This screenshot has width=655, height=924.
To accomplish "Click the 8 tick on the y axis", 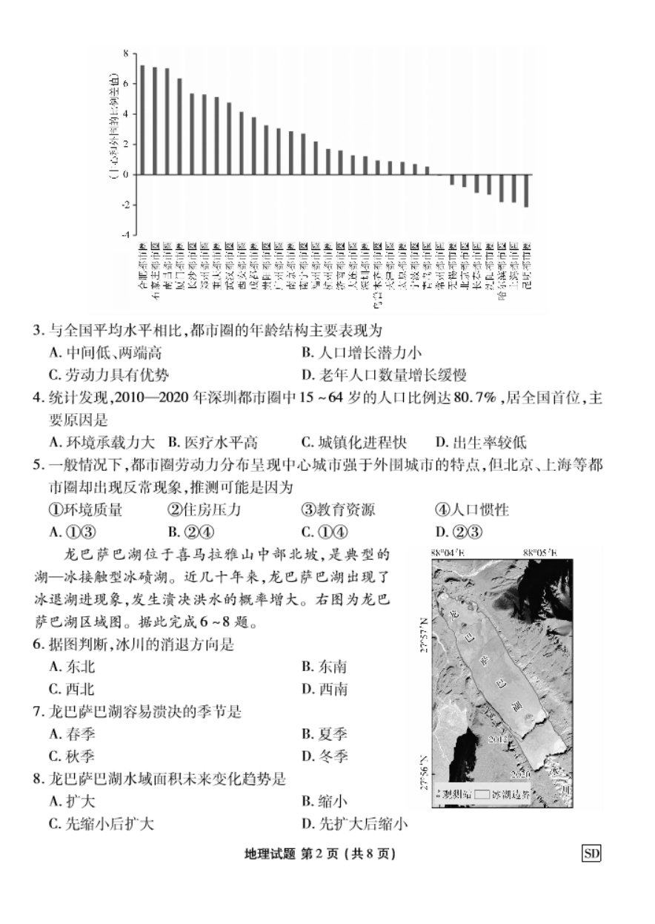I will (126, 53).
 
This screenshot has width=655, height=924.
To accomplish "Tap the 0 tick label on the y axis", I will (126, 174).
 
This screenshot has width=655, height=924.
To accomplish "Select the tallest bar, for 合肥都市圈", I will (142, 119).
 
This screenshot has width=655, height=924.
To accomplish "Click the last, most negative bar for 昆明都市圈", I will (526, 191).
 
